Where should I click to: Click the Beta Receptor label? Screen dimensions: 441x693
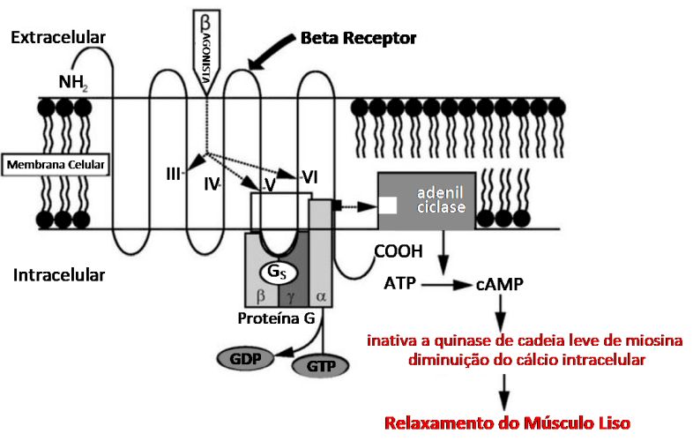click(358, 38)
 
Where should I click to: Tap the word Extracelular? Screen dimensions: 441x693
click(58, 38)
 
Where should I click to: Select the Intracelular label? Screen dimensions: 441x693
click(59, 275)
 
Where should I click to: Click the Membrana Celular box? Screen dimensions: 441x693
click(56, 164)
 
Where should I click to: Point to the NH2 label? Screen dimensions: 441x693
click(73, 84)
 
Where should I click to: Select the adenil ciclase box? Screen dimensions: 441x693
click(427, 199)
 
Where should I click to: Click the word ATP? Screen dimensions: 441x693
click(399, 284)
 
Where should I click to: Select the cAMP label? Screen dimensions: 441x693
click(500, 285)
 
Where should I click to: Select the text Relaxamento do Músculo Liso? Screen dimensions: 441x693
click(507, 422)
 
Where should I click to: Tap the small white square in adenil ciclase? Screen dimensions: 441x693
click(388, 206)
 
